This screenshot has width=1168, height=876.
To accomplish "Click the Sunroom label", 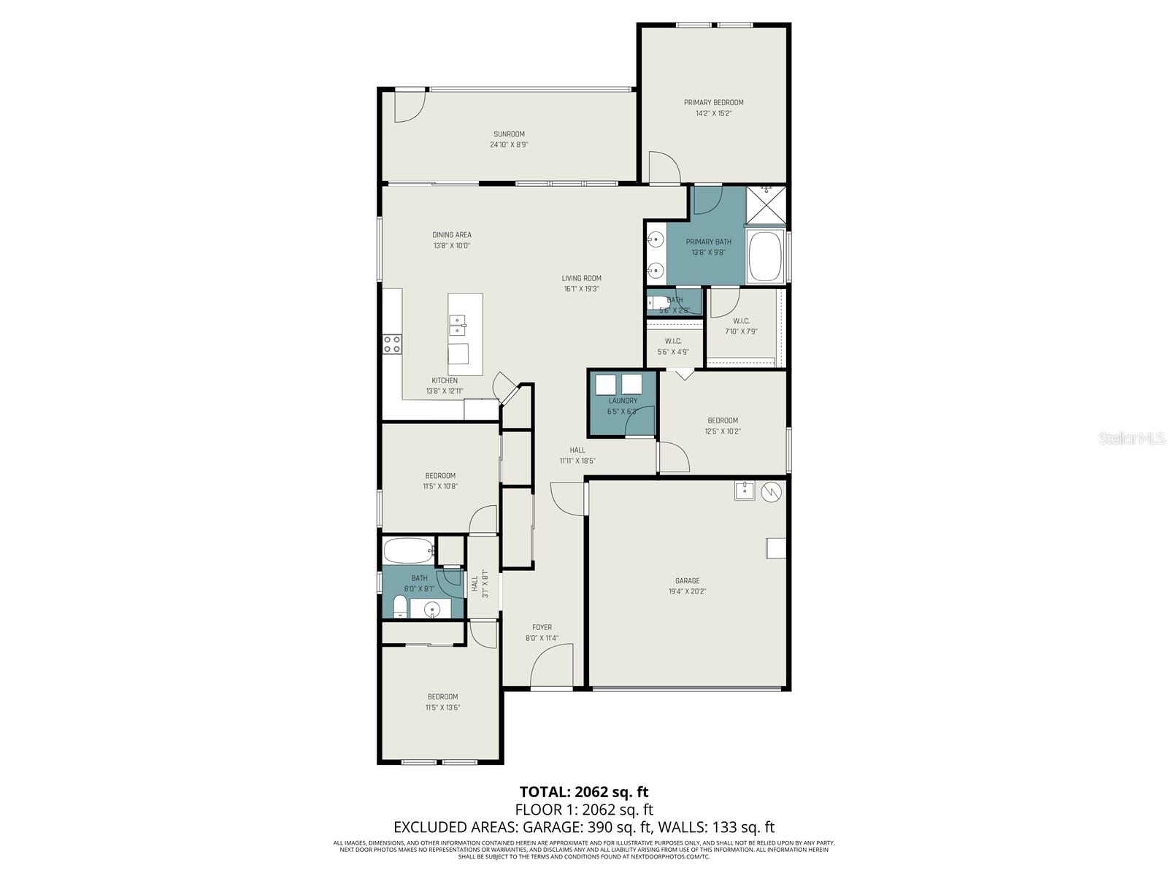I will pos(509,134).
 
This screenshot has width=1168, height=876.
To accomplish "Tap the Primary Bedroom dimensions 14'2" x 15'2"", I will pos(713,113).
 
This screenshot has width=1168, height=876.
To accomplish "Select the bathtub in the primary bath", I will pos(765,257).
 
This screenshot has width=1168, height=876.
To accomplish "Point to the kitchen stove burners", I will pos(392,344).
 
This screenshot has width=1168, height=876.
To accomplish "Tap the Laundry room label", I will pos(623,401).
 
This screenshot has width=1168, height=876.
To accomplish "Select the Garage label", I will pos(687,581).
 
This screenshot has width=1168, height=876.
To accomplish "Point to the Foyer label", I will pos(542,627).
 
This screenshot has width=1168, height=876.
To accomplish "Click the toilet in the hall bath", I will pos(399,607).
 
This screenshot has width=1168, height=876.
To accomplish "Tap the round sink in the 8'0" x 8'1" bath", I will pos(433,608).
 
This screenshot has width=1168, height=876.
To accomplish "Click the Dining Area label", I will pos(452,235).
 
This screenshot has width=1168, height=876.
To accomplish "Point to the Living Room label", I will pos(581,278).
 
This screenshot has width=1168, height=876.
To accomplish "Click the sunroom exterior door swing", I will pos(408,107).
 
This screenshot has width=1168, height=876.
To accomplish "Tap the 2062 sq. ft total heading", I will pos(583,792).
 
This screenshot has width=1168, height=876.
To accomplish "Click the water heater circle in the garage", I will pos(771,493).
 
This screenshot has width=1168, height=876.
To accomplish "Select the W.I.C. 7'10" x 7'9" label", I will pos(741,321).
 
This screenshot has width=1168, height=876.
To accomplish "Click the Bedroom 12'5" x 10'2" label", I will pos(723,420).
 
